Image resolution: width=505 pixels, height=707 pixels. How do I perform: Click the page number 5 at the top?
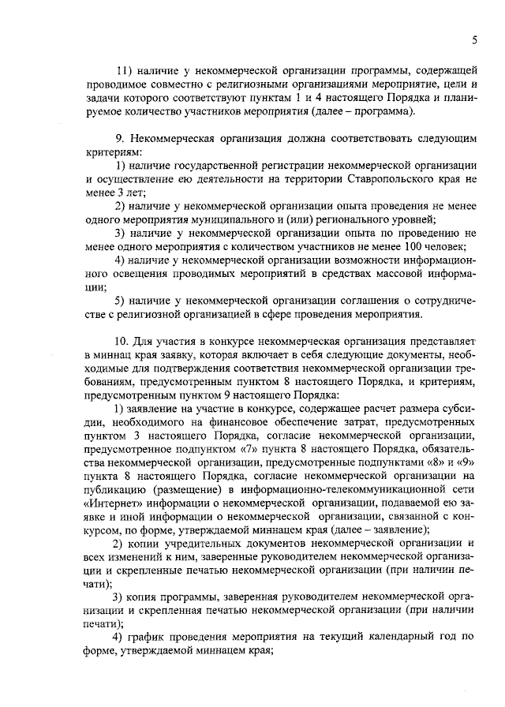tap(475, 39)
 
